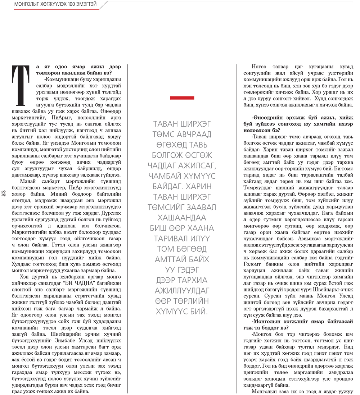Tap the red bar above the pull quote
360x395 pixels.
click(x=182, y=97)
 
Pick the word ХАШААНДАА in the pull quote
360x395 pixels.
click(x=182, y=218)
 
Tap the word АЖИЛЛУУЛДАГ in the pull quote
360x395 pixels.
click(x=182, y=290)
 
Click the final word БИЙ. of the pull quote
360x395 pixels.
click(x=199, y=311)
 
